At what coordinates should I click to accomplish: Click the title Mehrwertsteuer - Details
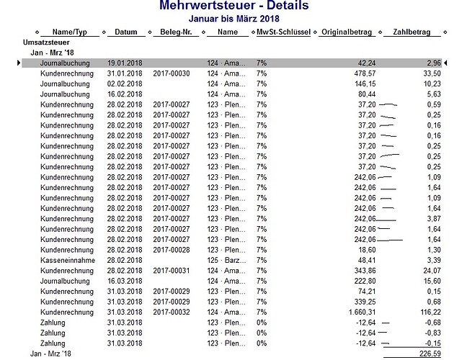pyautogui.click(x=233, y=6)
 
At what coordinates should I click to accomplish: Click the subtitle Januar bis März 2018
pyautogui.click(x=233, y=18)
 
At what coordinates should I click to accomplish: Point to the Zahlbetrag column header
pyautogui.click(x=412, y=32)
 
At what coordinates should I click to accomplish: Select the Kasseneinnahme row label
pyautogui.click(x=67, y=260)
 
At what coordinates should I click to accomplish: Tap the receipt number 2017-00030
pyautogui.click(x=171, y=73)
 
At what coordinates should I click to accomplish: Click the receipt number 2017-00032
pyautogui.click(x=171, y=312)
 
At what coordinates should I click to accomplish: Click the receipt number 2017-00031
pyautogui.click(x=171, y=270)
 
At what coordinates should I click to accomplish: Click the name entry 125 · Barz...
pyautogui.click(x=226, y=260)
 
